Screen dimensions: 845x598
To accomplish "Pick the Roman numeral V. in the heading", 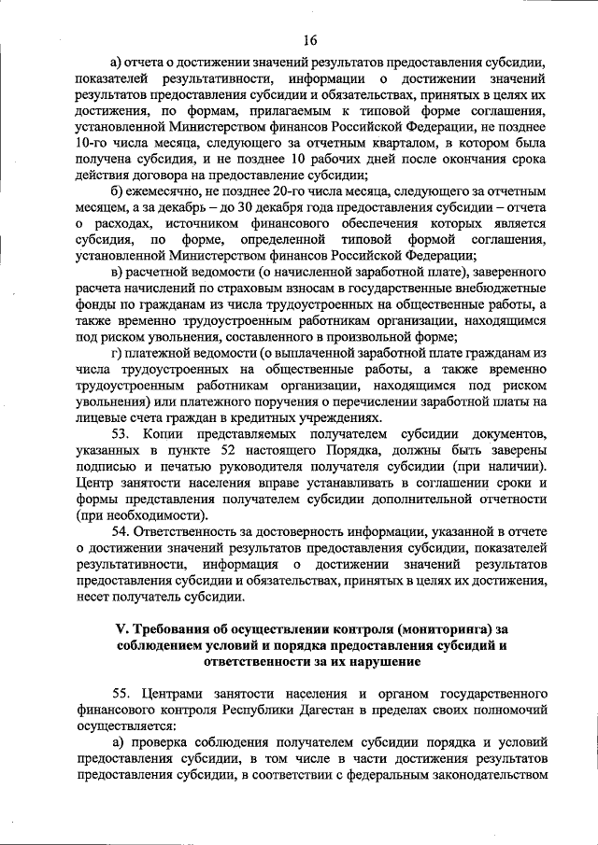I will [121, 627].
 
